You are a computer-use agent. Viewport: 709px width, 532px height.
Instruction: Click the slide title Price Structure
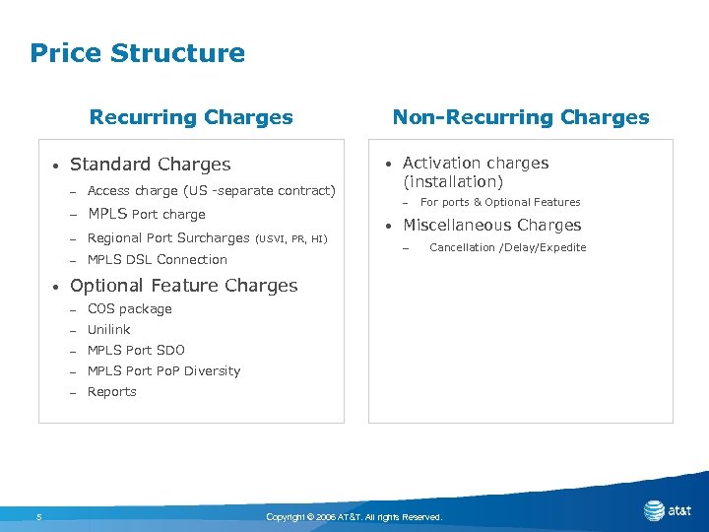137,53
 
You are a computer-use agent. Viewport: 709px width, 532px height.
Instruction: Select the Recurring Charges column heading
191,117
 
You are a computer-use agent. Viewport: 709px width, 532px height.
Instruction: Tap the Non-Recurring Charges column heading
521,117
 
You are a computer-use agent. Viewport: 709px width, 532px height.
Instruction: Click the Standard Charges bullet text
151,165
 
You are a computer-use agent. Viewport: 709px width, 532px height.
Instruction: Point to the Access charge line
211,190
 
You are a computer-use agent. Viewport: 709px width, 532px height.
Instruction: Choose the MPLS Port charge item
147,214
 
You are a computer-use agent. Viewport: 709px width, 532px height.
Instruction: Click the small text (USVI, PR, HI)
290,238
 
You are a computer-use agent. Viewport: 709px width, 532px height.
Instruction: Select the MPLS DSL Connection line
158,260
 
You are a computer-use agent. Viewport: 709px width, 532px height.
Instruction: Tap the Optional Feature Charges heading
184,286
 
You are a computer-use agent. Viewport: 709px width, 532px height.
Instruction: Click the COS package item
130,309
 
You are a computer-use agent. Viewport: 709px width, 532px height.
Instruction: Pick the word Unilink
109,330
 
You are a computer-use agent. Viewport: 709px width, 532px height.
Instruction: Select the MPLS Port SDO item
136,351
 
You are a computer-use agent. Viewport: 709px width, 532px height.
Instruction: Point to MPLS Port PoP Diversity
163,371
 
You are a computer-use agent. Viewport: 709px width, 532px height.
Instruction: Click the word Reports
112,392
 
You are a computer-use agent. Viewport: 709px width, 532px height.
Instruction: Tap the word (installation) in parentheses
453,182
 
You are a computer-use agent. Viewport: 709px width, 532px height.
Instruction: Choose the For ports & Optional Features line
500,203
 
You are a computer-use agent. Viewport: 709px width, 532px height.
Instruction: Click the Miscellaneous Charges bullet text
492,226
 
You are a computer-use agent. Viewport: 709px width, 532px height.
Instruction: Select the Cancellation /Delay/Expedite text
508,247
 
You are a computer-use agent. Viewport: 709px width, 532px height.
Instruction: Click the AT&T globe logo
654,510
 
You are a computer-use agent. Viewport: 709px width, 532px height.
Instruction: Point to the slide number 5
38,516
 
